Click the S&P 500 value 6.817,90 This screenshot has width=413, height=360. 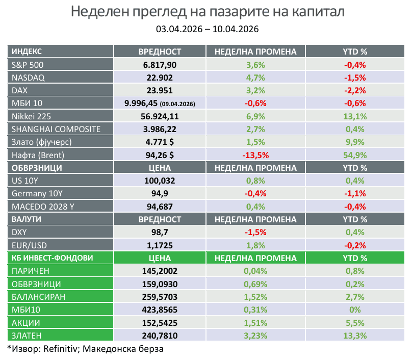tap(160, 65)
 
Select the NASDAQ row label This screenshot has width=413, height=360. tap(28, 78)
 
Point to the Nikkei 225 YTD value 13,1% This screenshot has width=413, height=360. tap(355, 116)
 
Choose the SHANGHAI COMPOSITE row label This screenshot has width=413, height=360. tap(56, 129)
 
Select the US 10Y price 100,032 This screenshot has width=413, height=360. tap(160, 181)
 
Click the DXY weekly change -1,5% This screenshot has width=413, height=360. tap(255, 233)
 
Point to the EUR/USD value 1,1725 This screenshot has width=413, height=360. tap(160, 245)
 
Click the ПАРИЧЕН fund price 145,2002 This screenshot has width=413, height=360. tap(160, 271)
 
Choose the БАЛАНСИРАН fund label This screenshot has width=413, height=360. tap(39, 297)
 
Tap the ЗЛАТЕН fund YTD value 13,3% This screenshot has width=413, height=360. tap(355, 336)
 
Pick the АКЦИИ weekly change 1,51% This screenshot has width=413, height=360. tap(255, 323)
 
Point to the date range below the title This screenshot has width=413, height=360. tap(207, 29)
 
